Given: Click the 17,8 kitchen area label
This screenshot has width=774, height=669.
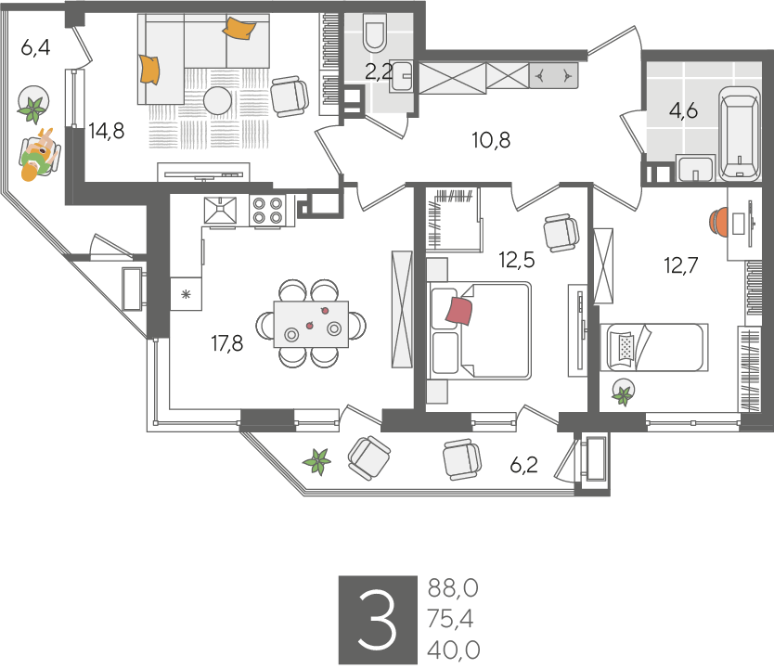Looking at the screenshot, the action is pyautogui.click(x=227, y=343).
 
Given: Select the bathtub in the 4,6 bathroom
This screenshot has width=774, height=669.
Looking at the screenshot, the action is pyautogui.click(x=739, y=134).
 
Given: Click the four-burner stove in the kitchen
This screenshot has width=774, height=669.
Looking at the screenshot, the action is pyautogui.click(x=267, y=211).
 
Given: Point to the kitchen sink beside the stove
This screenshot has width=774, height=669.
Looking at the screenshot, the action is pyautogui.click(x=220, y=211).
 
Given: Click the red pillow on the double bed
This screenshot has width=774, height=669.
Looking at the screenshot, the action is pyautogui.click(x=459, y=311).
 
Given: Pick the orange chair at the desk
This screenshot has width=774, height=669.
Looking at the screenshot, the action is pyautogui.click(x=718, y=222).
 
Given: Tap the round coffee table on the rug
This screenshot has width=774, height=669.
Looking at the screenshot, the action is pyautogui.click(x=218, y=100).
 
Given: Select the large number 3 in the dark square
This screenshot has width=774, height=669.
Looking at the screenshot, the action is pyautogui.click(x=378, y=620).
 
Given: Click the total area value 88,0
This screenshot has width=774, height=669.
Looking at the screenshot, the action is pyautogui.click(x=453, y=588).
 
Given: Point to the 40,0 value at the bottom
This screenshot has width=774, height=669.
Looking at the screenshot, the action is pyautogui.click(x=453, y=650).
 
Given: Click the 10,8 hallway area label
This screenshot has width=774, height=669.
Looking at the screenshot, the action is pyautogui.click(x=491, y=140).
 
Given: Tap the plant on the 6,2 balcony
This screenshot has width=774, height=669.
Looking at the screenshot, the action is pyautogui.click(x=316, y=461).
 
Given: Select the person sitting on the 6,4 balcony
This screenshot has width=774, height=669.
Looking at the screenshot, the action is pyautogui.click(x=38, y=155).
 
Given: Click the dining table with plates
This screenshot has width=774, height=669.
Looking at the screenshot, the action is pyautogui.click(x=311, y=324).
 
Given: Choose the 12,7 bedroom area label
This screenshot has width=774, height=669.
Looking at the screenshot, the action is pyautogui.click(x=680, y=265).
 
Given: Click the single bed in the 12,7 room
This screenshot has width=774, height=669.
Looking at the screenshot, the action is pyautogui.click(x=654, y=347).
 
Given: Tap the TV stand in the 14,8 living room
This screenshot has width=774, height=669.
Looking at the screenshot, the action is pyautogui.click(x=203, y=173).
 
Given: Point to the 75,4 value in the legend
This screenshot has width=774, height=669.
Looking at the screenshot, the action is pyautogui.click(x=450, y=619).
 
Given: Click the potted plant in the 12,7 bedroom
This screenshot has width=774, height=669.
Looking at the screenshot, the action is pyautogui.click(x=623, y=392).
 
